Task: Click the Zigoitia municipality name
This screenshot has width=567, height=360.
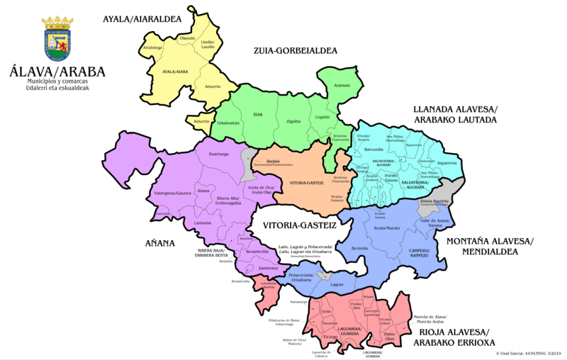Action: point(293,121)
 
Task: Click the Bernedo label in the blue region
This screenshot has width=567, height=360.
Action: point(360,248)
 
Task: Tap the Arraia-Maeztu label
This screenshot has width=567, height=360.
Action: point(388,228)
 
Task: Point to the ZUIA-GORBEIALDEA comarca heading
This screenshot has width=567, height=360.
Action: point(295,50)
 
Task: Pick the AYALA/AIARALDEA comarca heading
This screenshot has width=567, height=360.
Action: point(152,20)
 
